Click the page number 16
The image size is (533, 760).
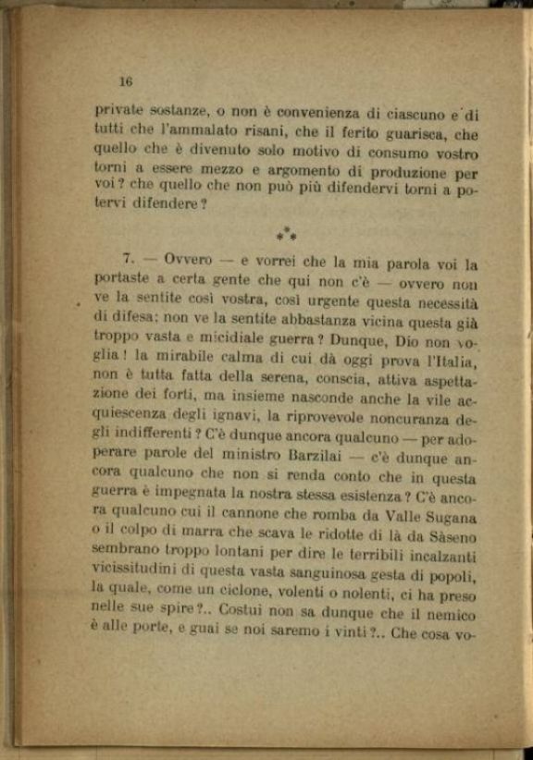point(127,81)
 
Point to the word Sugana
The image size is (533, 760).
point(449,520)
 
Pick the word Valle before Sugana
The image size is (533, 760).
point(392,519)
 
